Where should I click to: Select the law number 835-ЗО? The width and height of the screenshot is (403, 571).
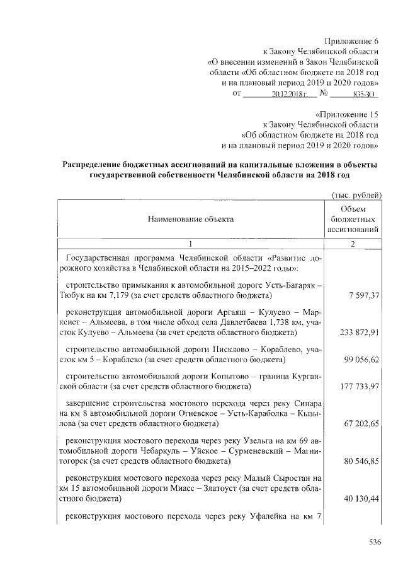[x=361, y=95]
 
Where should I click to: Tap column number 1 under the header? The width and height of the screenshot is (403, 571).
[x=190, y=244]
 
